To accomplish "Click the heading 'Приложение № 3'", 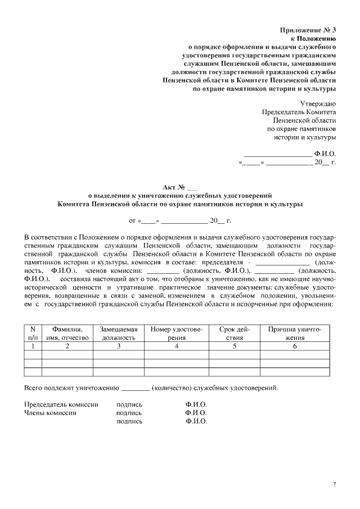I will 308,29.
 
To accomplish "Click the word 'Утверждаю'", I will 318,103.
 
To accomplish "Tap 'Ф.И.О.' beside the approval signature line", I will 325,153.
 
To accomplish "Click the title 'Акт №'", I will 176,187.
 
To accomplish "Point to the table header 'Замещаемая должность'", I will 118,334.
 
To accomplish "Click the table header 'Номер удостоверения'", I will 176,334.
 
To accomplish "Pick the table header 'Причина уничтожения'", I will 294,334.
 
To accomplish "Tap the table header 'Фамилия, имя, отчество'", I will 67,334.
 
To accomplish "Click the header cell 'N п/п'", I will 33,334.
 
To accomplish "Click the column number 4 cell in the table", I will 176,346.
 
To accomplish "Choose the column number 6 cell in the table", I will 294,346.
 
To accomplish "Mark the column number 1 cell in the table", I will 33,346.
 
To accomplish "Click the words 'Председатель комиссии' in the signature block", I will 62,404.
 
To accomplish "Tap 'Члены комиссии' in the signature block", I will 51,412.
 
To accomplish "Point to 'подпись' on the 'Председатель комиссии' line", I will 129,404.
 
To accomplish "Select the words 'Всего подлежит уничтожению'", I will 71,388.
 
